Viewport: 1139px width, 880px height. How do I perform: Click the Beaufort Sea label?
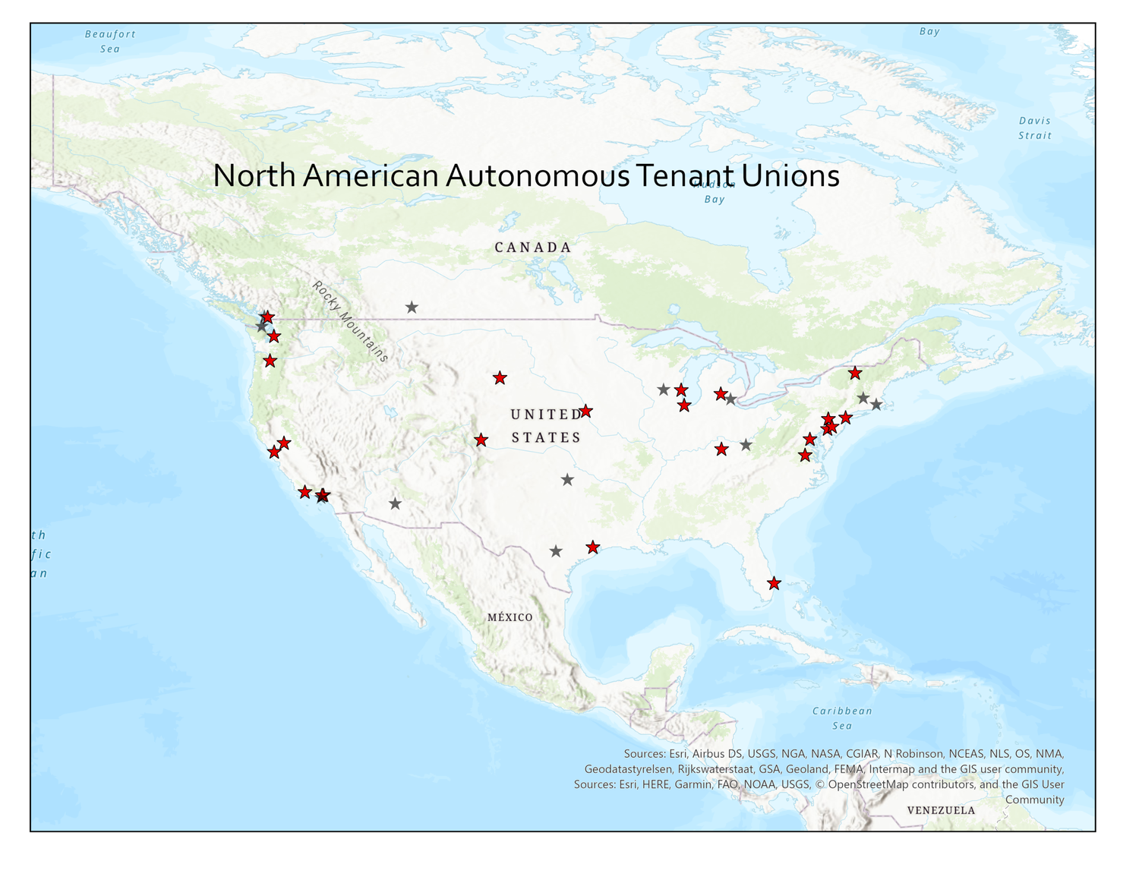click(110, 41)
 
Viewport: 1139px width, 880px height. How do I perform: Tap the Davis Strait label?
click(1035, 128)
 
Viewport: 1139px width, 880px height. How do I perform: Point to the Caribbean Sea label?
click(842, 718)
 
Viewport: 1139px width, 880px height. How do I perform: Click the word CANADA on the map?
click(533, 248)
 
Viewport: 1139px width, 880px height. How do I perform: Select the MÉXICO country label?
click(510, 617)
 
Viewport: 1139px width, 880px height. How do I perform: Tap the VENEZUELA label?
click(941, 810)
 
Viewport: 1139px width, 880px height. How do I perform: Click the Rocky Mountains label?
click(350, 321)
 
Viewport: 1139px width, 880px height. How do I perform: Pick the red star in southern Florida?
click(774, 583)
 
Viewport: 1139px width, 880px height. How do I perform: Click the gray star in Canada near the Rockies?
click(412, 308)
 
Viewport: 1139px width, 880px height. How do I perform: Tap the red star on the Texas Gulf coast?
click(593, 547)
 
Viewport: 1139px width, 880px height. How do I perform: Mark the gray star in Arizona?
click(395, 503)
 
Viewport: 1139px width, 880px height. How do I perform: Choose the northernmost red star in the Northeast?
click(856, 373)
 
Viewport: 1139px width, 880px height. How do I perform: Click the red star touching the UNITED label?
click(585, 412)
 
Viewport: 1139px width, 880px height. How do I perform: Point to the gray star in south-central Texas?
click(556, 551)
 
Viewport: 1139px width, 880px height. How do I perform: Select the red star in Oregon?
click(270, 361)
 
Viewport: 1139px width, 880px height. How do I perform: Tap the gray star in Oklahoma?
click(567, 480)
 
